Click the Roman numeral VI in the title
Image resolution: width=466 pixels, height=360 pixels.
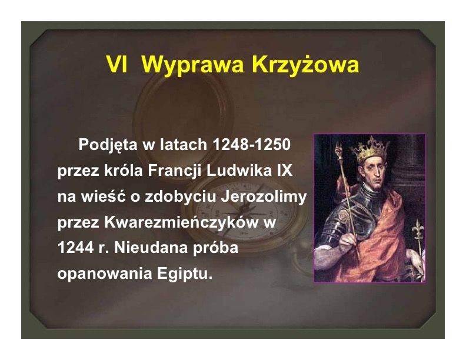[x=117, y=64]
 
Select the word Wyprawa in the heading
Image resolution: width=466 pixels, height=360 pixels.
[x=192, y=65]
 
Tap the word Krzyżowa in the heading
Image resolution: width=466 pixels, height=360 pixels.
[x=305, y=64]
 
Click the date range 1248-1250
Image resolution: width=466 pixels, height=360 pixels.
[x=251, y=145]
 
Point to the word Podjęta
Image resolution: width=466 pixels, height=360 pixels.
[x=108, y=145]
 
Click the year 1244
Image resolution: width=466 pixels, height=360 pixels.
[x=75, y=248]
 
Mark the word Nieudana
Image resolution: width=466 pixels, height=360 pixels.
[x=151, y=248]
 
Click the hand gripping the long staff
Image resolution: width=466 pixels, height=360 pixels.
[x=348, y=243]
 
